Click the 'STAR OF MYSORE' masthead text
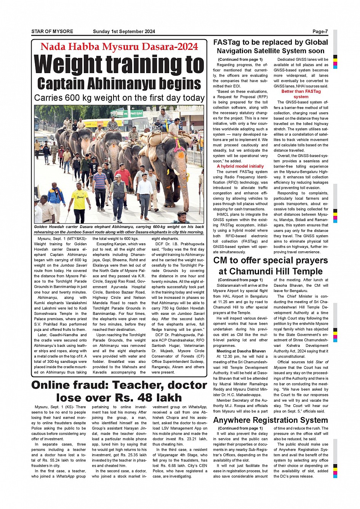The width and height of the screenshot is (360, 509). tap(52, 32)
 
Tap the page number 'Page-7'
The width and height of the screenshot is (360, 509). tap(320, 32)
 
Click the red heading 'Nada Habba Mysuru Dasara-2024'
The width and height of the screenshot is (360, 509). tap(119, 47)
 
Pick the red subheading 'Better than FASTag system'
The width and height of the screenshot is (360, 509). tap(301, 94)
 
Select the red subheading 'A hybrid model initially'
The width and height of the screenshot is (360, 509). tap(240, 166)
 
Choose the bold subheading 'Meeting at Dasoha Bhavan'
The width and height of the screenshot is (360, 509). tap(241, 351)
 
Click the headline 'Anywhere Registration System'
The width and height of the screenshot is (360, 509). tap(270, 420)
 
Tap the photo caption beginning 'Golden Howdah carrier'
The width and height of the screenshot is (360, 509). tap(119, 229)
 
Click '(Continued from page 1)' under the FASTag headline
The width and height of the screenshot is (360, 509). tap(240, 59)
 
